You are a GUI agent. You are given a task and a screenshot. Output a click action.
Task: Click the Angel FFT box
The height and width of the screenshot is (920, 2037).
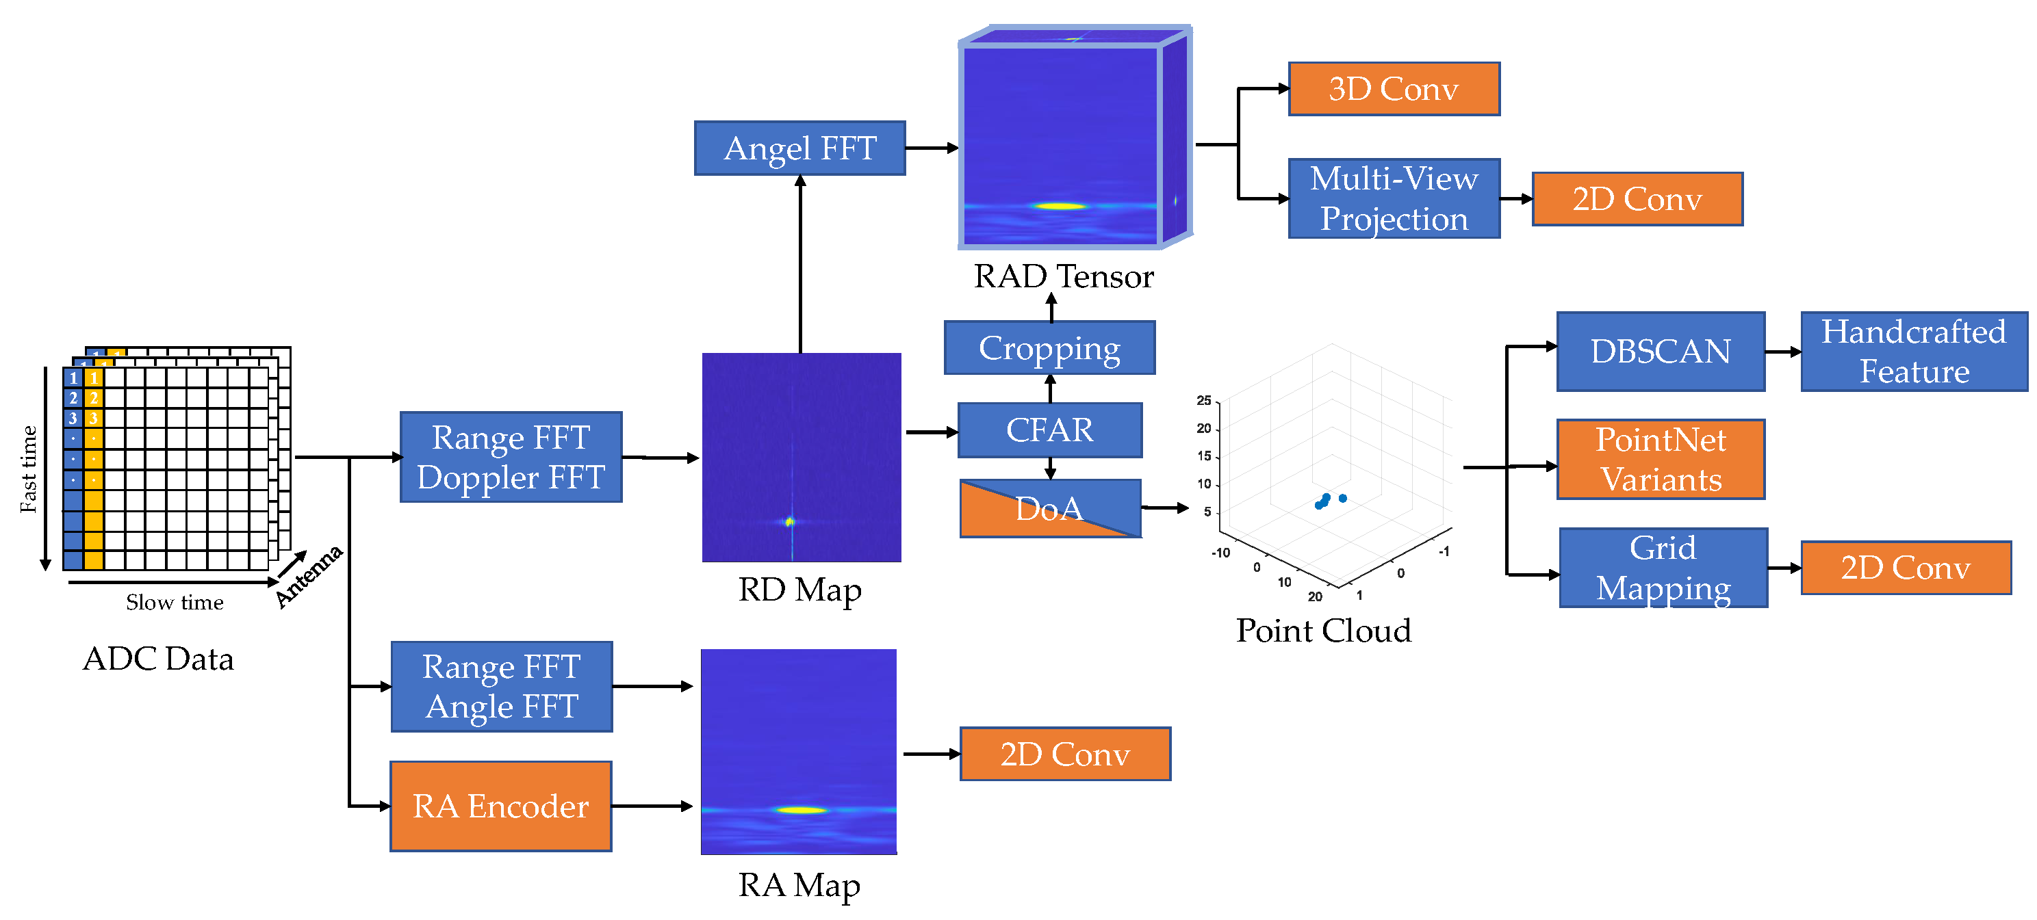pos(799,148)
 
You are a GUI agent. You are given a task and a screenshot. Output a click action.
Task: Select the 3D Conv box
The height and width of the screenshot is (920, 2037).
pos(1394,88)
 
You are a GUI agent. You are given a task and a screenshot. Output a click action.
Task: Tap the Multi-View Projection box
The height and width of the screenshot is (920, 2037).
pos(1394,198)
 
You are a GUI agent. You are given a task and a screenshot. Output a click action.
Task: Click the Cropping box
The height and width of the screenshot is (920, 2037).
pos(1049,347)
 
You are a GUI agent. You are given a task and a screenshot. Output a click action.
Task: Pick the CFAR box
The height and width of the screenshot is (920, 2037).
pos(1049,430)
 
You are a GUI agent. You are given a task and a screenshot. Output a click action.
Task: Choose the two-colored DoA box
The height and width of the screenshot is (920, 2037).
pos(1049,508)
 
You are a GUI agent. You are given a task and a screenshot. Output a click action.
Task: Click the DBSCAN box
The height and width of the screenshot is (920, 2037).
pos(1661,351)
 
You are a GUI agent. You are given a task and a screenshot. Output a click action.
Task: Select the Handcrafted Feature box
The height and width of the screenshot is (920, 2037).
pos(1914,351)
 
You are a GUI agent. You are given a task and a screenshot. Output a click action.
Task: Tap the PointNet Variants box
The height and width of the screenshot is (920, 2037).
pos(1661,459)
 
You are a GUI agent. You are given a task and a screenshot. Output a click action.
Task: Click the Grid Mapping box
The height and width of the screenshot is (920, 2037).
pos(1663,568)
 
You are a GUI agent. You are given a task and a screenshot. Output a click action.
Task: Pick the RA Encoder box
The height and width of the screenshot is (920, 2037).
pos(500,806)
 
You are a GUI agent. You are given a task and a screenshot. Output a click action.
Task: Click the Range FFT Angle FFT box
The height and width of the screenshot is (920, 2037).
pos(501,686)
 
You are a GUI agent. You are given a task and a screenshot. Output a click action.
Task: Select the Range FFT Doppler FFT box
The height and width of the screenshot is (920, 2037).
pos(511,457)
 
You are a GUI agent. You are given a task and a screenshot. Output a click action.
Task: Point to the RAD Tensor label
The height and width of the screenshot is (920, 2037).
pos(1064,276)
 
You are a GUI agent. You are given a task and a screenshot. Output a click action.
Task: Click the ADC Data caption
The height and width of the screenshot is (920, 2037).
pos(158,659)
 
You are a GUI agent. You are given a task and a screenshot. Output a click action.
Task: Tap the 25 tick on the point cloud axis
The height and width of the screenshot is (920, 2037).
pos(1203,401)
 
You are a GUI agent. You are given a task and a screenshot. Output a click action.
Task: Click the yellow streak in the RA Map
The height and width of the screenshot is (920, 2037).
pos(800,810)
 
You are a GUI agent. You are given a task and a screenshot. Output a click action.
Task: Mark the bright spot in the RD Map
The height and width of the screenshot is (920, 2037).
pos(789,521)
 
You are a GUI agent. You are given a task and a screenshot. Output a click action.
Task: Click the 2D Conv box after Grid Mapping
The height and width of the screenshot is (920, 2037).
pos(1906,568)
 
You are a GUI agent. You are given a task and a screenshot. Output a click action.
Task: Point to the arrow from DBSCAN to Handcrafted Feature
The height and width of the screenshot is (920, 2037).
pos(1783,352)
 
